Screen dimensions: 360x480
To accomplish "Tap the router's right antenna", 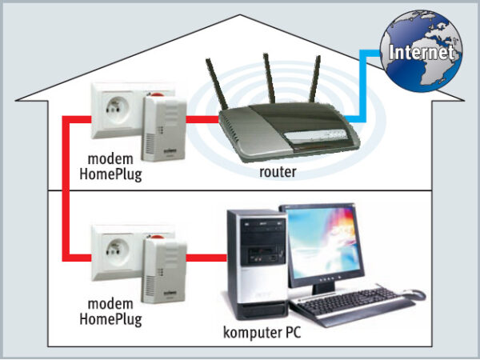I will click(318, 84).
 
